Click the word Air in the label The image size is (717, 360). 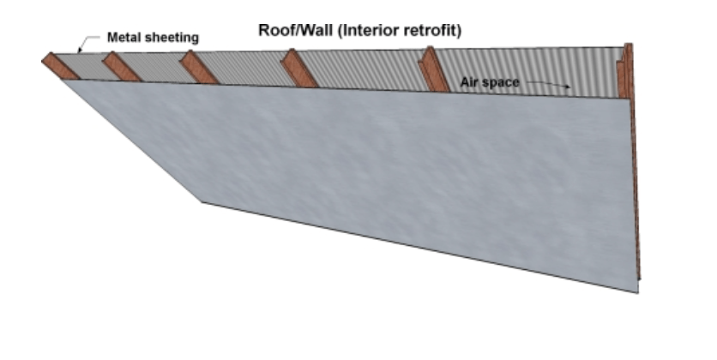[x=469, y=83]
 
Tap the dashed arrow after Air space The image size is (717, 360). [x=548, y=84]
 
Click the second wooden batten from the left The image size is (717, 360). [x=122, y=68]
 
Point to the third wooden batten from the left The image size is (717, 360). [x=199, y=69]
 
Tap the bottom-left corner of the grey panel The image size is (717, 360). [x=202, y=202]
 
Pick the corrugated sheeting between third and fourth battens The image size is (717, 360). [x=249, y=69]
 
